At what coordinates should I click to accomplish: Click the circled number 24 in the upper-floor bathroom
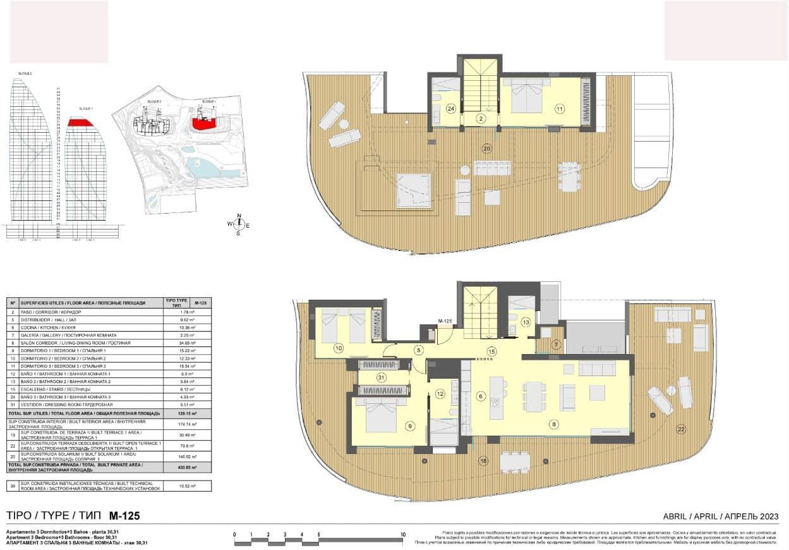(451, 109)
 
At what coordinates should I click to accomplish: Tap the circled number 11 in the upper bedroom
(559, 109)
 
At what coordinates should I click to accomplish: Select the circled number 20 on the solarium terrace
(486, 149)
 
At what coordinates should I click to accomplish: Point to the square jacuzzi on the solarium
(413, 191)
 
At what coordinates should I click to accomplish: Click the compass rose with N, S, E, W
(239, 224)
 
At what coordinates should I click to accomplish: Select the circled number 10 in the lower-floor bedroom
(339, 348)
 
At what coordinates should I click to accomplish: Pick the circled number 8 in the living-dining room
(554, 424)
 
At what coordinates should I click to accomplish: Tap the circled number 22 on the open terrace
(680, 429)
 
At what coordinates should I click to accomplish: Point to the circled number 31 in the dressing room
(381, 377)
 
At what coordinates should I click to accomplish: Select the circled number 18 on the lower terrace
(483, 460)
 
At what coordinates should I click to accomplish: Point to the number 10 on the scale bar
(402, 535)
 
